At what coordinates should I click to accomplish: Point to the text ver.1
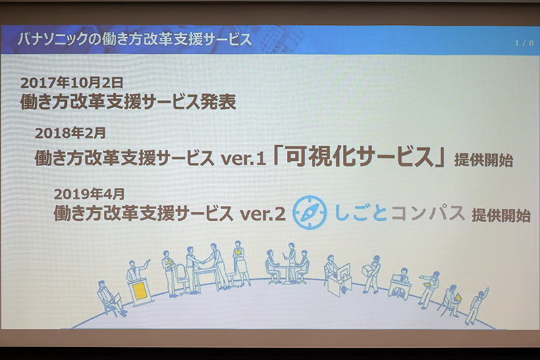click(x=242, y=159)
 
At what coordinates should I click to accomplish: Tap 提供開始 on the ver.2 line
click(x=501, y=215)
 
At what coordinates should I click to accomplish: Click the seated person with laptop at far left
click(x=109, y=297)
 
